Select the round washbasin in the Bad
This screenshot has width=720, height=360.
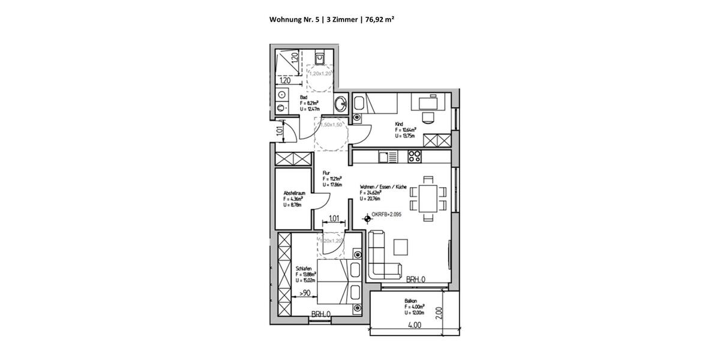(x=341, y=103)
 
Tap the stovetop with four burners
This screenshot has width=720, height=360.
(x=415, y=157)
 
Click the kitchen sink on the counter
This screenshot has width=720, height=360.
(x=387, y=157)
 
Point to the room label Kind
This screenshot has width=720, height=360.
(x=398, y=124)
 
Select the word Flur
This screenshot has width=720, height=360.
(x=326, y=173)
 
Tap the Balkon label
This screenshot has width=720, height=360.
(x=411, y=301)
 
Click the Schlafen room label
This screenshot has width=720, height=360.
(x=303, y=268)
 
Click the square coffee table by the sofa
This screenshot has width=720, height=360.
(x=401, y=247)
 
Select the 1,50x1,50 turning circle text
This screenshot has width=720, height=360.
(x=331, y=125)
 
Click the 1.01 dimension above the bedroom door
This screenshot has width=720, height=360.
(x=334, y=218)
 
